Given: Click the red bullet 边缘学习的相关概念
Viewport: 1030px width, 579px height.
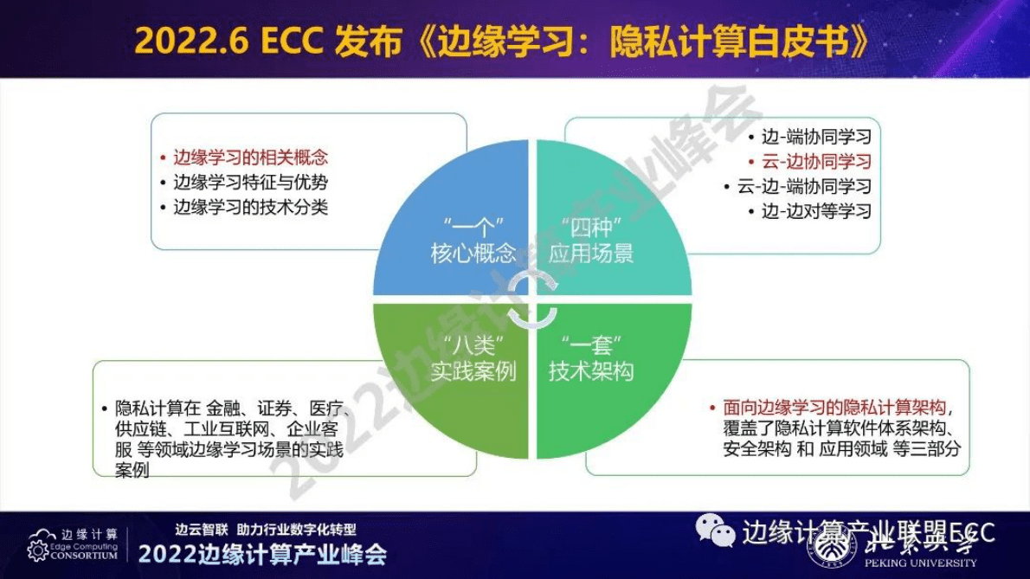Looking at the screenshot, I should (x=250, y=158).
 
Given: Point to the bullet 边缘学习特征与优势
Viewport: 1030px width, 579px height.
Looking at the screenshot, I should (x=250, y=183).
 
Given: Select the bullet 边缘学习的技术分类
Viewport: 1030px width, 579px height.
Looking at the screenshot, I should (x=250, y=208).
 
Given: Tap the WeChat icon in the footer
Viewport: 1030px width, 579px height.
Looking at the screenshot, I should (x=716, y=529).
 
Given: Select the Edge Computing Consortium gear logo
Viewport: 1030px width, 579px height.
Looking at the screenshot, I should (x=38, y=549).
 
